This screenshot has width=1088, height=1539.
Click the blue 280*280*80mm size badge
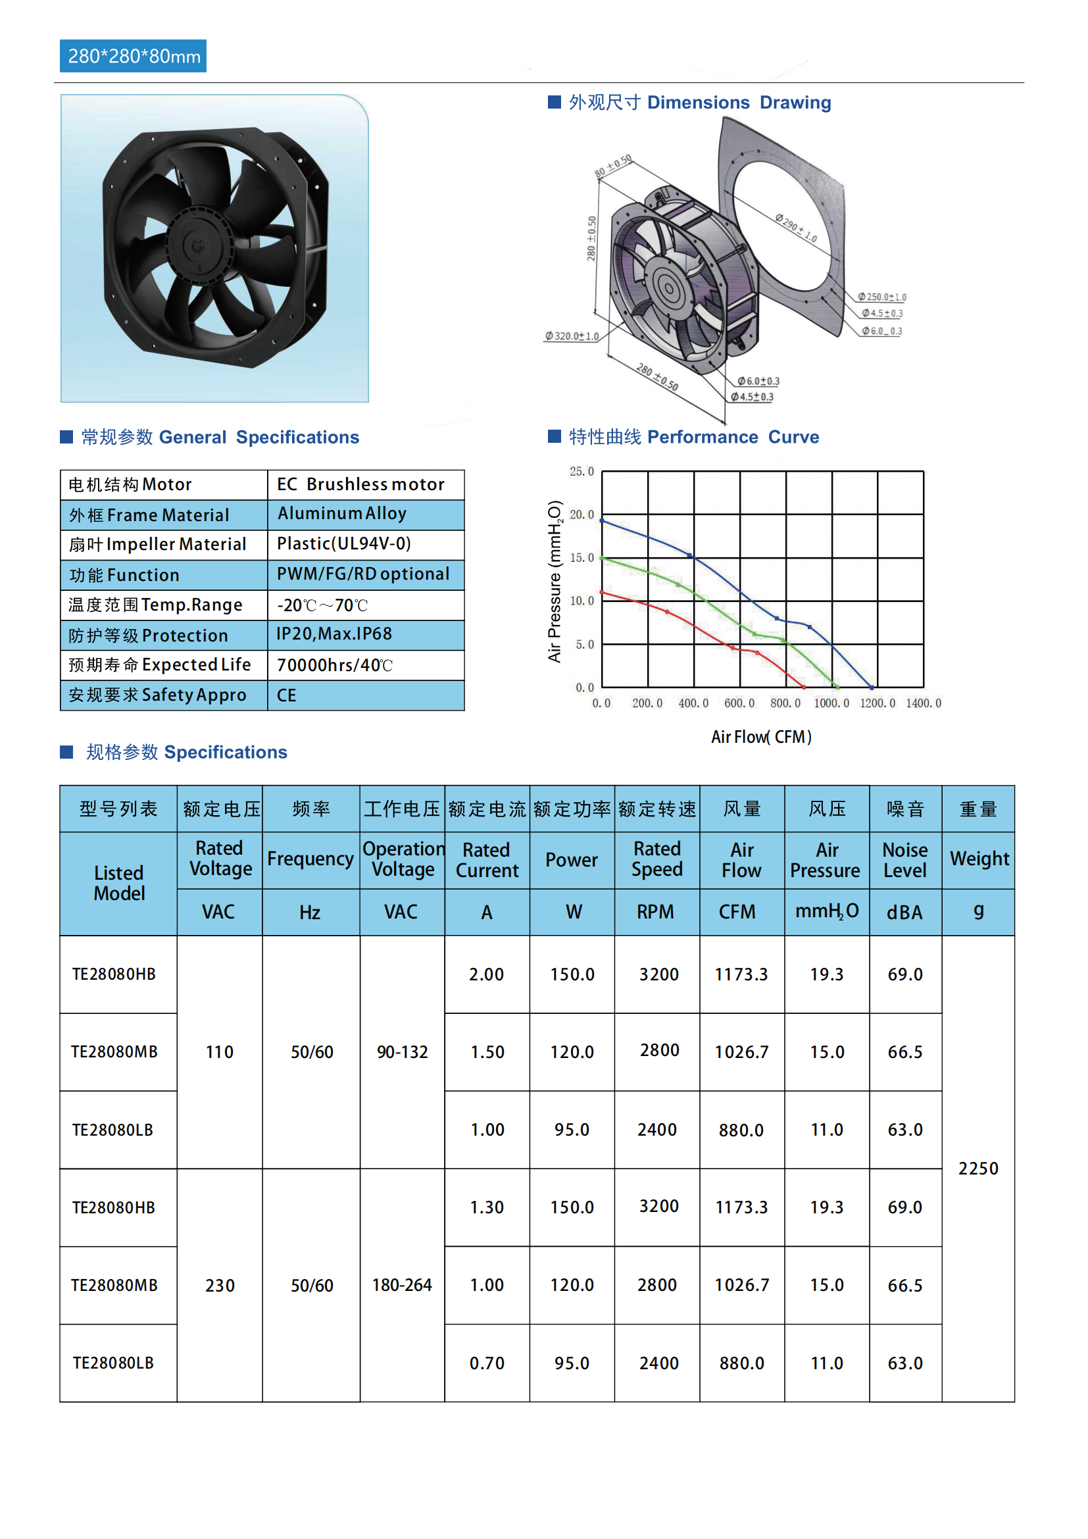134,57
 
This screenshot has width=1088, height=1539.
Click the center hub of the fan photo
197,247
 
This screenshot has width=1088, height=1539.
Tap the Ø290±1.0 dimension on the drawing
796,228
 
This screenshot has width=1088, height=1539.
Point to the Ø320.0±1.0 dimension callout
572,336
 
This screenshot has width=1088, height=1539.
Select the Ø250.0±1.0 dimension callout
882,297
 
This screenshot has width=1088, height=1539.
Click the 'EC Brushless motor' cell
360,485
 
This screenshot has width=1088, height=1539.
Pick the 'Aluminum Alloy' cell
341,513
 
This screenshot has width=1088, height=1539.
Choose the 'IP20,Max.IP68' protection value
334,634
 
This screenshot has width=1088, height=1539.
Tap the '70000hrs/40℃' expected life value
334,665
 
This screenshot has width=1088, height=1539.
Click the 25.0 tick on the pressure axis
581,472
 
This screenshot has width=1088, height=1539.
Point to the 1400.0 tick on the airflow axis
923,703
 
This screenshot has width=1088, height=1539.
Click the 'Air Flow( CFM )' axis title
761,738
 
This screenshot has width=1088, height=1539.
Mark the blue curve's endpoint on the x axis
872,688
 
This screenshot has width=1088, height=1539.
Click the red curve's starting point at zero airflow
603,592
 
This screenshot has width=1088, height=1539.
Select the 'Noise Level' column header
905,860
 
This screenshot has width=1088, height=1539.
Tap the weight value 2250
978,1169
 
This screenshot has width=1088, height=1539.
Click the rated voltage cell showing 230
220,1286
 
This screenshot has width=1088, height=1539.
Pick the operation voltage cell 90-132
402,1052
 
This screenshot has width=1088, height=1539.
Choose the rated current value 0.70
487,1363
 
